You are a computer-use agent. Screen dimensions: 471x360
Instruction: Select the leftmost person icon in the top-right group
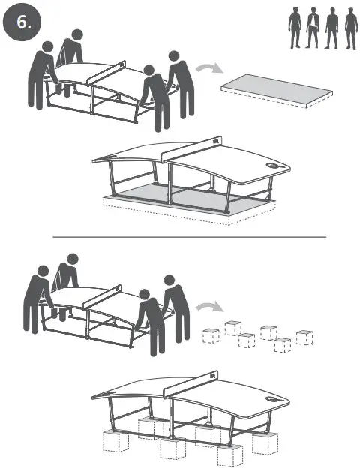295,29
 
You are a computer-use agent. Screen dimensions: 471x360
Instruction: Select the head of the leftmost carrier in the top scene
46,46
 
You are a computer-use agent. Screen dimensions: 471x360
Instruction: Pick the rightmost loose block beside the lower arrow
304,337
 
